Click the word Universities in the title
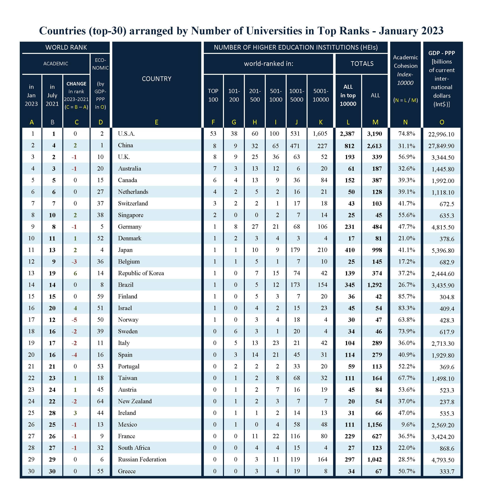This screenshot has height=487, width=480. coord(274,31)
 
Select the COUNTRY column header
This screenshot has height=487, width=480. coord(157,79)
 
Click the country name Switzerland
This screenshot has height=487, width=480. coord(133,203)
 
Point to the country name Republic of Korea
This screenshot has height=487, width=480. coord(141,273)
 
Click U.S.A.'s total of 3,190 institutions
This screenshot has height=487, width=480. coord(375,134)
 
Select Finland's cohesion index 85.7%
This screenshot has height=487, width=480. coord(406,297)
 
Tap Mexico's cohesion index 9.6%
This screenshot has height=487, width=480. coord(408,424)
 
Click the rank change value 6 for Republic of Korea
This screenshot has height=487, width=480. coord(75,273)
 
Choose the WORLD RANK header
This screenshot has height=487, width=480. coord(66,47)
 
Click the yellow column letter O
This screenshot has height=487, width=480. coord(442,122)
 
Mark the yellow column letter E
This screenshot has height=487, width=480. coord(157,122)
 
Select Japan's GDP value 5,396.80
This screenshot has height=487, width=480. coord(443,251)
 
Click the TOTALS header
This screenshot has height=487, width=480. coord(362,64)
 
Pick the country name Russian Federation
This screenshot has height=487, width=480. coord(142,459)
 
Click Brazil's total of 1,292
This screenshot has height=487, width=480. coord(375,285)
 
